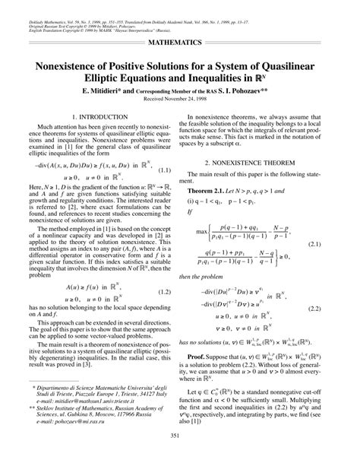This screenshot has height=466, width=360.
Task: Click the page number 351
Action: coord(180,456)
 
